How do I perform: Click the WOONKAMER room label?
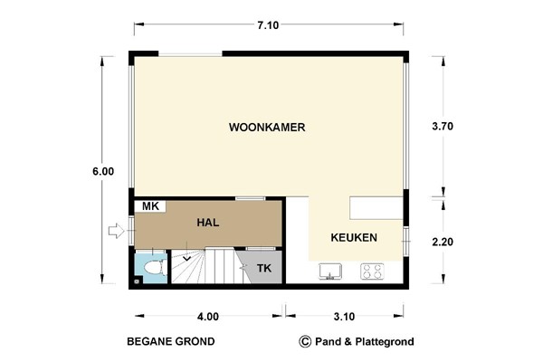pyautogui.click(x=267, y=128)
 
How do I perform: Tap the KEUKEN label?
pyautogui.click(x=354, y=237)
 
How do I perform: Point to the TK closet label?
pyautogui.click(x=263, y=269)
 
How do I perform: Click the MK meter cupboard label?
pyautogui.click(x=150, y=207)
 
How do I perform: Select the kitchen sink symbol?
pyautogui.click(x=329, y=270)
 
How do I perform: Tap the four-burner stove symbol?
pyautogui.click(x=372, y=270)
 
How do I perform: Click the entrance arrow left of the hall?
pyautogui.click(x=115, y=232)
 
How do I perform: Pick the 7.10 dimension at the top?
pyautogui.click(x=267, y=25)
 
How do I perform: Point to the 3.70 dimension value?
pyautogui.click(x=443, y=128)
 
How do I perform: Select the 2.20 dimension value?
pyautogui.click(x=443, y=243)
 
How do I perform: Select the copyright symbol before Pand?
pyautogui.click(x=305, y=342)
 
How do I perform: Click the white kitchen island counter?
pyautogui.click(x=376, y=208)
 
